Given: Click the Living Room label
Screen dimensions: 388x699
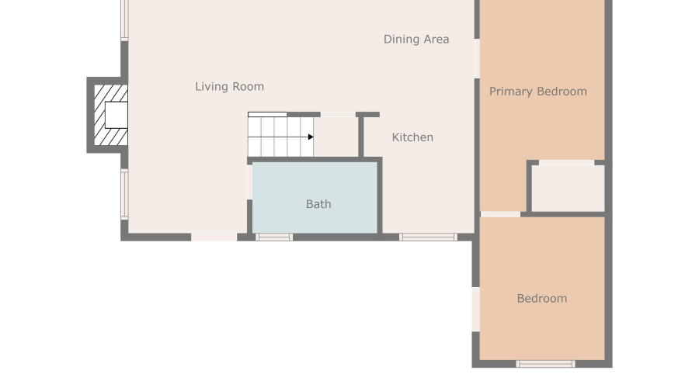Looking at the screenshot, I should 229,87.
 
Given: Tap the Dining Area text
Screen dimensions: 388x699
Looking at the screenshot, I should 416,39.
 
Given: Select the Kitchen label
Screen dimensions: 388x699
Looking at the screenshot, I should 412,137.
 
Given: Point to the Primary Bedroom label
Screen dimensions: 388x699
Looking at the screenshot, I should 537,92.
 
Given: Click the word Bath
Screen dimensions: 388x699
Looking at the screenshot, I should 318,204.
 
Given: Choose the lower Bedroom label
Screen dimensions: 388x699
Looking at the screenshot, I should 541,299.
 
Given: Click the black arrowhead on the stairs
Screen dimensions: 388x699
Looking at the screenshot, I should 311,137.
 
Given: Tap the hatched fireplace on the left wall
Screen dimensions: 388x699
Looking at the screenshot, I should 106,115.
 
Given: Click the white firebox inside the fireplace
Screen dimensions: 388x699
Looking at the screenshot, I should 116,115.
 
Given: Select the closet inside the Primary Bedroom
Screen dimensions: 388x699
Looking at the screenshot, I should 567,188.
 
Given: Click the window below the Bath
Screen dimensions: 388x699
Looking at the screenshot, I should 274,237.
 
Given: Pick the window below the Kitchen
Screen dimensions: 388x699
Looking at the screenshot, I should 428,237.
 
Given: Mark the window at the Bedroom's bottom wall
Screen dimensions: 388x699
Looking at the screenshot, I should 545,363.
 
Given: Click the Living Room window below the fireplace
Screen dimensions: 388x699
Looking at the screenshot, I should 124,194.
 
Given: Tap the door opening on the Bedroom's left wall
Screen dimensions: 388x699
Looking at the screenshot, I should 476,309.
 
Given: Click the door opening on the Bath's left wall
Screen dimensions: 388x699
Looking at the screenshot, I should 249,182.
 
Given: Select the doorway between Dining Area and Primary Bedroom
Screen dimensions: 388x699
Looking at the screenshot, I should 476,58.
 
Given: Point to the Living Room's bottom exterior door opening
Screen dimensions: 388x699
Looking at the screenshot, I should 214,237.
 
